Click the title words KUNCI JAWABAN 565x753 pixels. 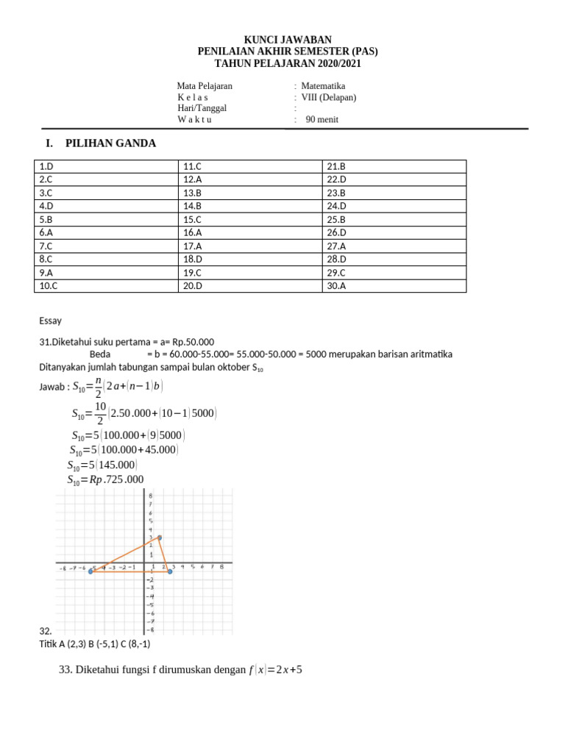click(x=288, y=40)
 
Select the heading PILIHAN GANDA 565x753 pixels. click(x=110, y=143)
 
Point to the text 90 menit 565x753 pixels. click(x=322, y=120)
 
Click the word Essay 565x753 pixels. click(x=51, y=321)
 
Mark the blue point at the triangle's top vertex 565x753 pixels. click(x=160, y=538)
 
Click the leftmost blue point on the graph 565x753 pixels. click(x=91, y=571)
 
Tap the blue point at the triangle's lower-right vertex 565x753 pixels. click(x=170, y=571)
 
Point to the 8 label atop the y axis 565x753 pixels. click(x=151, y=496)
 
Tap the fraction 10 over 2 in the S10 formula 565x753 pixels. click(x=100, y=413)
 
